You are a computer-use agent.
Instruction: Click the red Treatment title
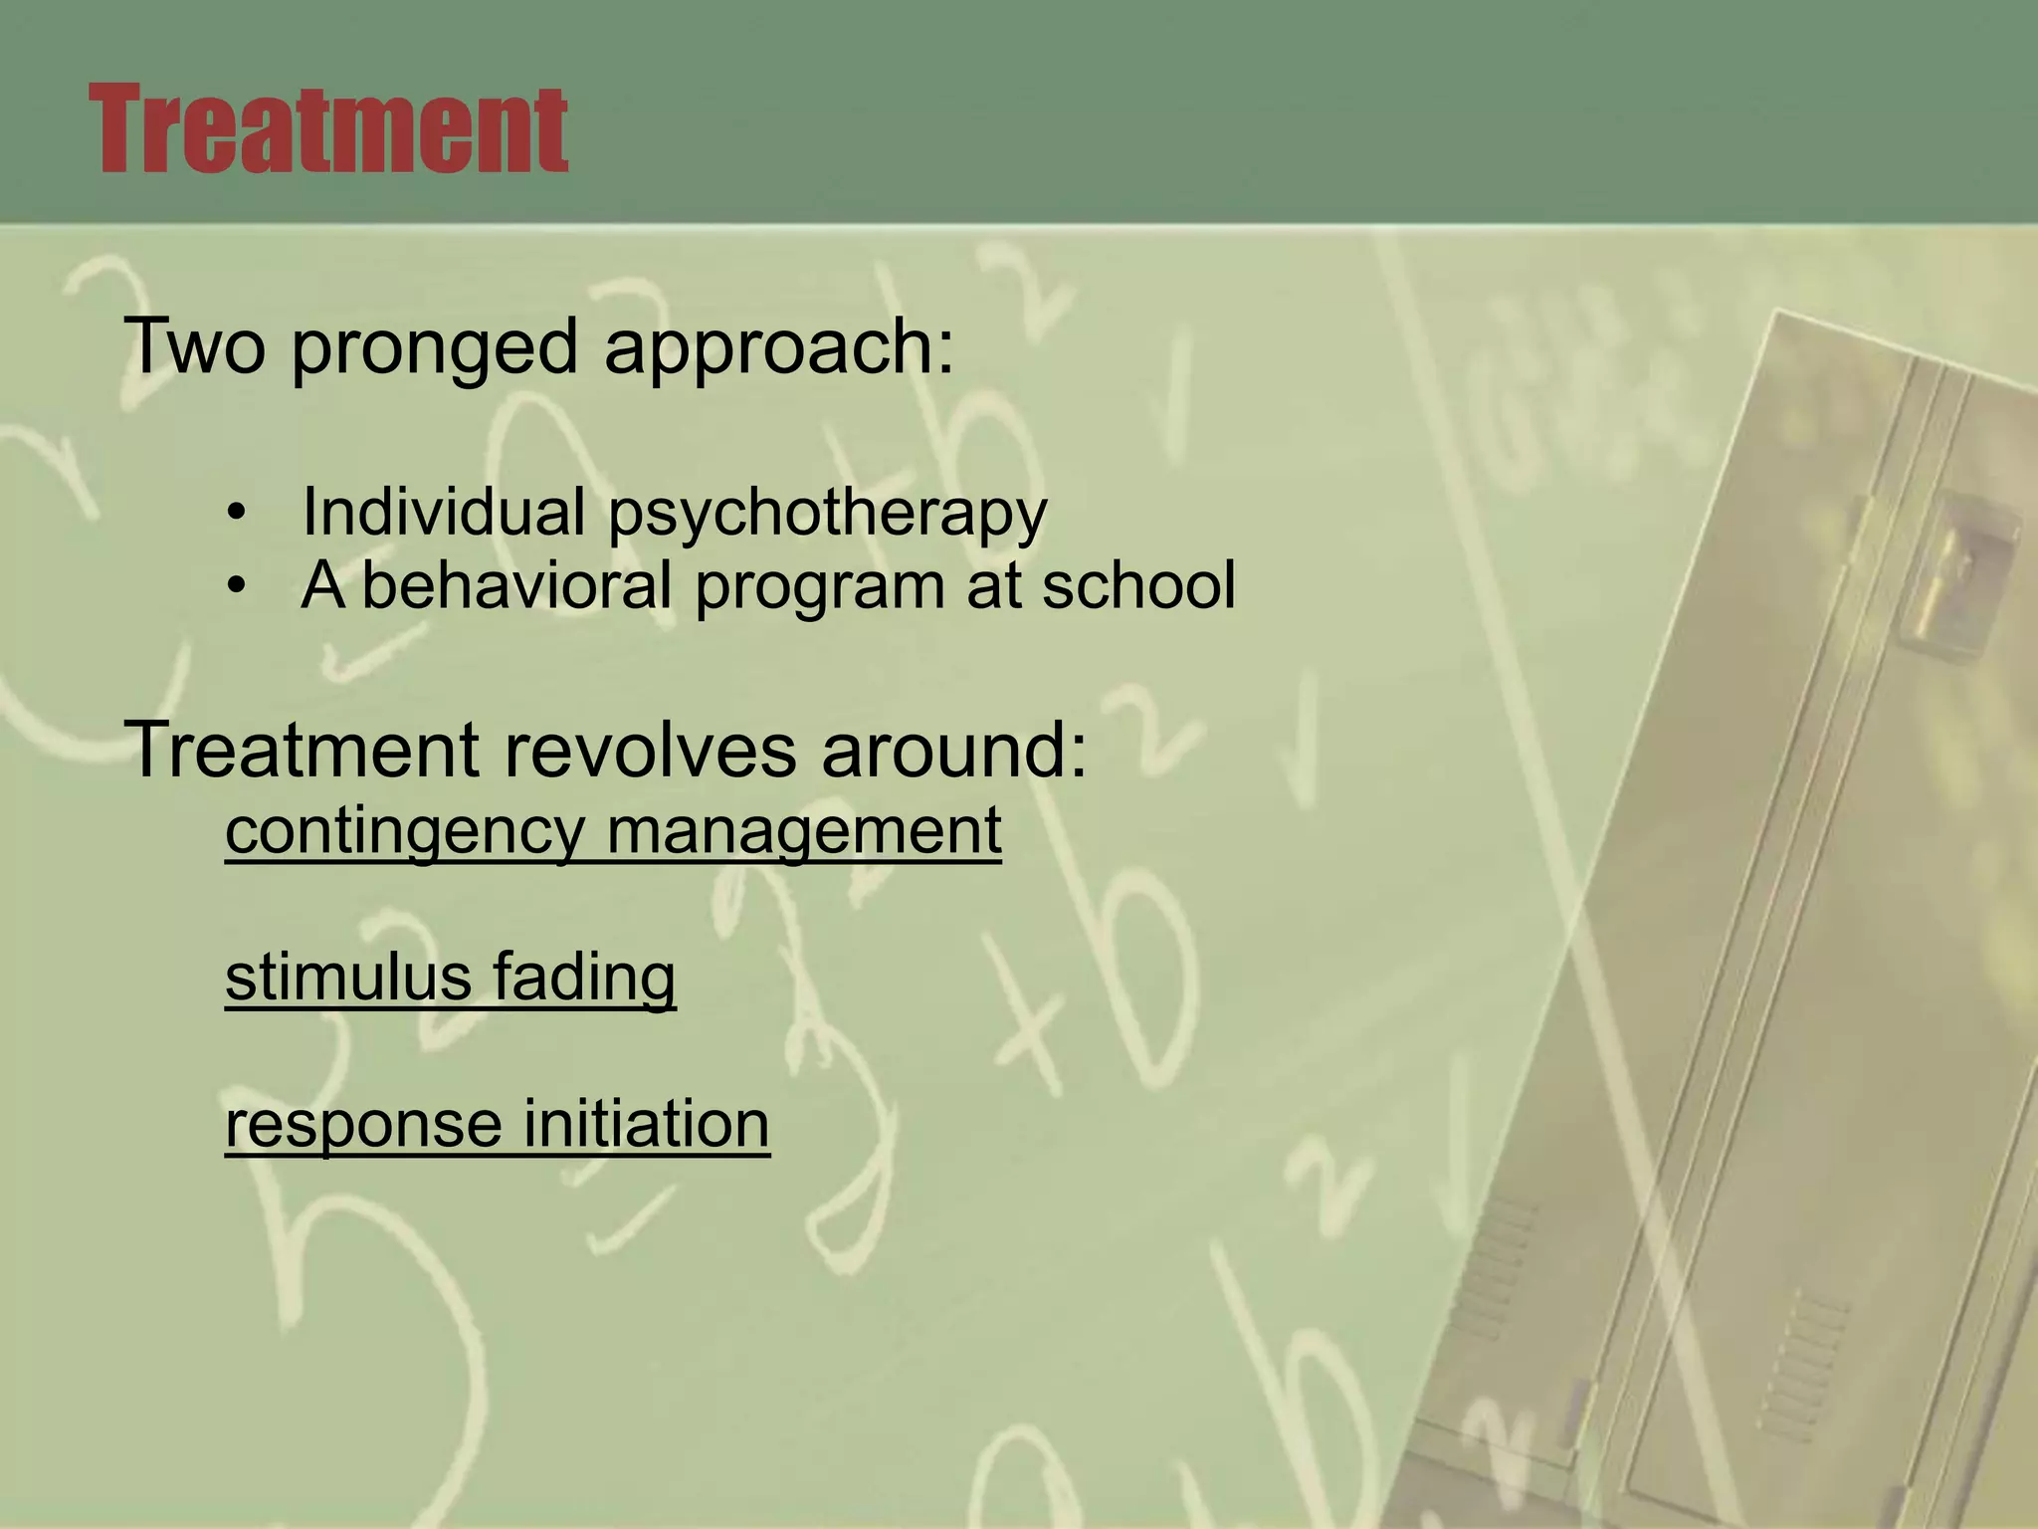(328, 129)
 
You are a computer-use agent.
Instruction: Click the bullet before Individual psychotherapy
(235, 514)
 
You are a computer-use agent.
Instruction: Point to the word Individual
(443, 512)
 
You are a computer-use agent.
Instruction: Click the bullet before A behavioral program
(235, 587)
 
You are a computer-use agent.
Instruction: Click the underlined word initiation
(646, 1125)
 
